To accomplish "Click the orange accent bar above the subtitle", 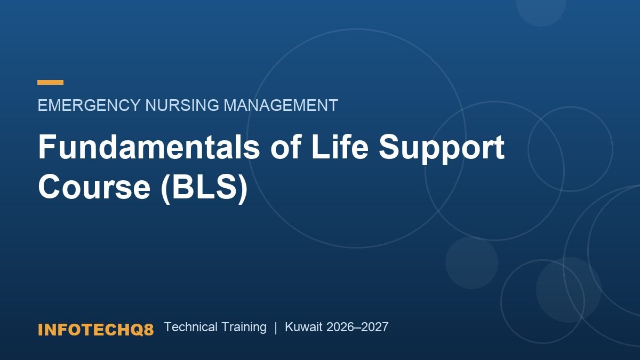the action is click(x=50, y=82).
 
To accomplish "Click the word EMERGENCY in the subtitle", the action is click(x=89, y=105).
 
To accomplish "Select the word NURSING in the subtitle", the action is click(x=182, y=105).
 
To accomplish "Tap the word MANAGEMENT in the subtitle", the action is click(x=281, y=105).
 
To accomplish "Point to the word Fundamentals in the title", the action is click(x=149, y=147).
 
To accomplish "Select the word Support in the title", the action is click(x=442, y=149).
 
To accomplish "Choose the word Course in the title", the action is click(x=94, y=188).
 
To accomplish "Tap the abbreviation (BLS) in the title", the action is click(x=204, y=189).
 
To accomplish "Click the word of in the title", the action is click(x=286, y=147).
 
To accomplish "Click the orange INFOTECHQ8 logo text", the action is click(x=95, y=330).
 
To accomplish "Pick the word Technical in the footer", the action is click(x=191, y=327).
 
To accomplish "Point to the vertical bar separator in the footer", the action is click(x=276, y=327).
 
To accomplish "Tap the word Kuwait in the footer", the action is click(x=303, y=327).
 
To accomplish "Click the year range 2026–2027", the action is click(x=357, y=327).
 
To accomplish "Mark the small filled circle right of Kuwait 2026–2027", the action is click(x=471, y=262).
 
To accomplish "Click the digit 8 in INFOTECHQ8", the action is click(x=149, y=330).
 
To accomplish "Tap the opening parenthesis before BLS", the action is click(x=166, y=189).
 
